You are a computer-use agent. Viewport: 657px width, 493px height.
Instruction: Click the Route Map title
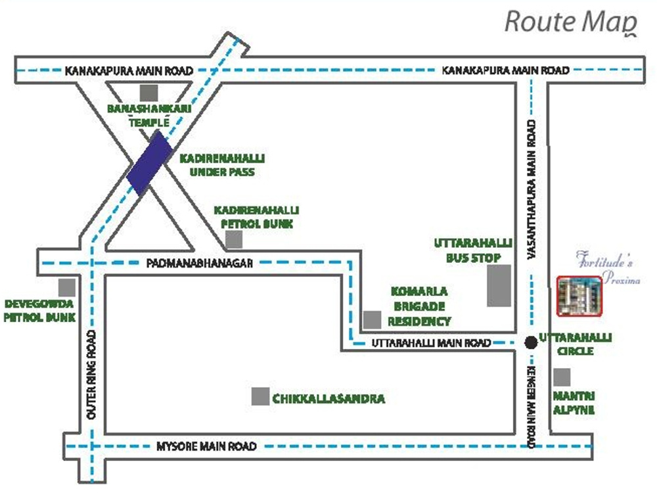570,21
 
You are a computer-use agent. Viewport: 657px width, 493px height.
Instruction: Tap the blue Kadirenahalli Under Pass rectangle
149,162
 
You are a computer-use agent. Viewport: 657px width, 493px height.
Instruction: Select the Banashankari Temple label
149,115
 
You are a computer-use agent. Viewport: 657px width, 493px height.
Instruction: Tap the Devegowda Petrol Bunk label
40,311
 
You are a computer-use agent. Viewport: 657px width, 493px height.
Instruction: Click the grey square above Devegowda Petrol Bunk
66,287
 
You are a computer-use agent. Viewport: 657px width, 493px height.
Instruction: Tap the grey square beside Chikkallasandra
261,396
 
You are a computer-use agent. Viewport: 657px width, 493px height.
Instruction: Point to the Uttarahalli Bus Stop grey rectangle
499,285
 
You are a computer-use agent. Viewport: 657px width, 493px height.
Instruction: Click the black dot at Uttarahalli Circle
530,342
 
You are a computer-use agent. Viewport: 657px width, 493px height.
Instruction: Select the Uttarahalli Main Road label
431,343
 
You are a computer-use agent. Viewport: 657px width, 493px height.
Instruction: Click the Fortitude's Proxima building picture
579,296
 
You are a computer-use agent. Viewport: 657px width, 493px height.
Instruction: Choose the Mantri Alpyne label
574,403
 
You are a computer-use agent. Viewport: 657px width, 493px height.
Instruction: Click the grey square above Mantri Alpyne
562,377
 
